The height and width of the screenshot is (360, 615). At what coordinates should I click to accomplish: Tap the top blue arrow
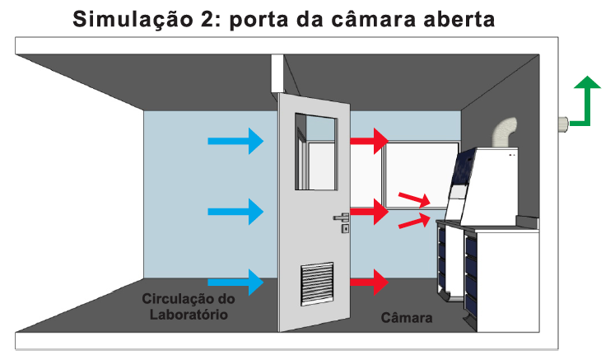(235, 141)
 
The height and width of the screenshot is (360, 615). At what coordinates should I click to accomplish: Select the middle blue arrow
(235, 212)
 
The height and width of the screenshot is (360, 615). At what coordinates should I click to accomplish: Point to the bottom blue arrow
(235, 282)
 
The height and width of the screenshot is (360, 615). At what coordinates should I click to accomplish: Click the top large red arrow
(369, 141)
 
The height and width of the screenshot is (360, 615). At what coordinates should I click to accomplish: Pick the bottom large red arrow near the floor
(369, 282)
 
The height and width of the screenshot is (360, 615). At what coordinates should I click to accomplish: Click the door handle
(341, 217)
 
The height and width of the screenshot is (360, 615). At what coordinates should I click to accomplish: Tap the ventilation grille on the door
(317, 284)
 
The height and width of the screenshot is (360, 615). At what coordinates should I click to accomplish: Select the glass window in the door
(316, 152)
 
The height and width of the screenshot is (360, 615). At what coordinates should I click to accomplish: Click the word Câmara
(407, 317)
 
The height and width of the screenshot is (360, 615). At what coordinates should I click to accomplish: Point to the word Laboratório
(189, 315)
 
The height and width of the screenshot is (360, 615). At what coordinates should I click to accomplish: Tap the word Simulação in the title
(133, 20)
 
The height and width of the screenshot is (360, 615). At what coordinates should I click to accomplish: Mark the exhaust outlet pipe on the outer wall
(564, 124)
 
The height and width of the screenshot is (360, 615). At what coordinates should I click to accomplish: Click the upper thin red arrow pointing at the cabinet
(414, 199)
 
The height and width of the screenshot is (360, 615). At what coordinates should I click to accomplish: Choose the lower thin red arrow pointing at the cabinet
(414, 221)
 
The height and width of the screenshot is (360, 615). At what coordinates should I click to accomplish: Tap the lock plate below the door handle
(345, 228)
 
